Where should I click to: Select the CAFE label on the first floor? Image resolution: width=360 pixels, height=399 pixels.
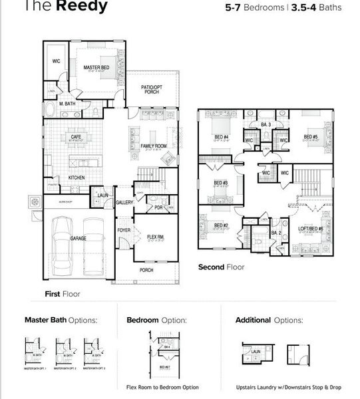75,136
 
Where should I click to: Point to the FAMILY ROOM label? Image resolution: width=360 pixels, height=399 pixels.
154,145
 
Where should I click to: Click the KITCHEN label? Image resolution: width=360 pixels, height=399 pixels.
77,178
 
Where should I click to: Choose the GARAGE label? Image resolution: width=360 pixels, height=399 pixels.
79,237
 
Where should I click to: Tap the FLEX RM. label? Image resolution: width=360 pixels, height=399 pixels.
156,237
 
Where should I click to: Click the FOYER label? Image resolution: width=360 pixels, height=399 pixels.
124,230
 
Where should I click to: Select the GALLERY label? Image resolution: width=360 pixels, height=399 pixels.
125,202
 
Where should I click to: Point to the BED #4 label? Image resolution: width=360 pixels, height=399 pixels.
222,138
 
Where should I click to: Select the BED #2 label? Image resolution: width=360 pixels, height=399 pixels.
221,225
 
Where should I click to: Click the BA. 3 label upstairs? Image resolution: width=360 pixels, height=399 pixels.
266,124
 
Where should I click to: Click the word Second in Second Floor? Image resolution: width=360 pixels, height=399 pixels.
213,267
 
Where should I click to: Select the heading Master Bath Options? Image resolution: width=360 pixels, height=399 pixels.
61,320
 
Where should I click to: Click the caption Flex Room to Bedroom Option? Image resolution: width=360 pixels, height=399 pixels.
162,386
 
